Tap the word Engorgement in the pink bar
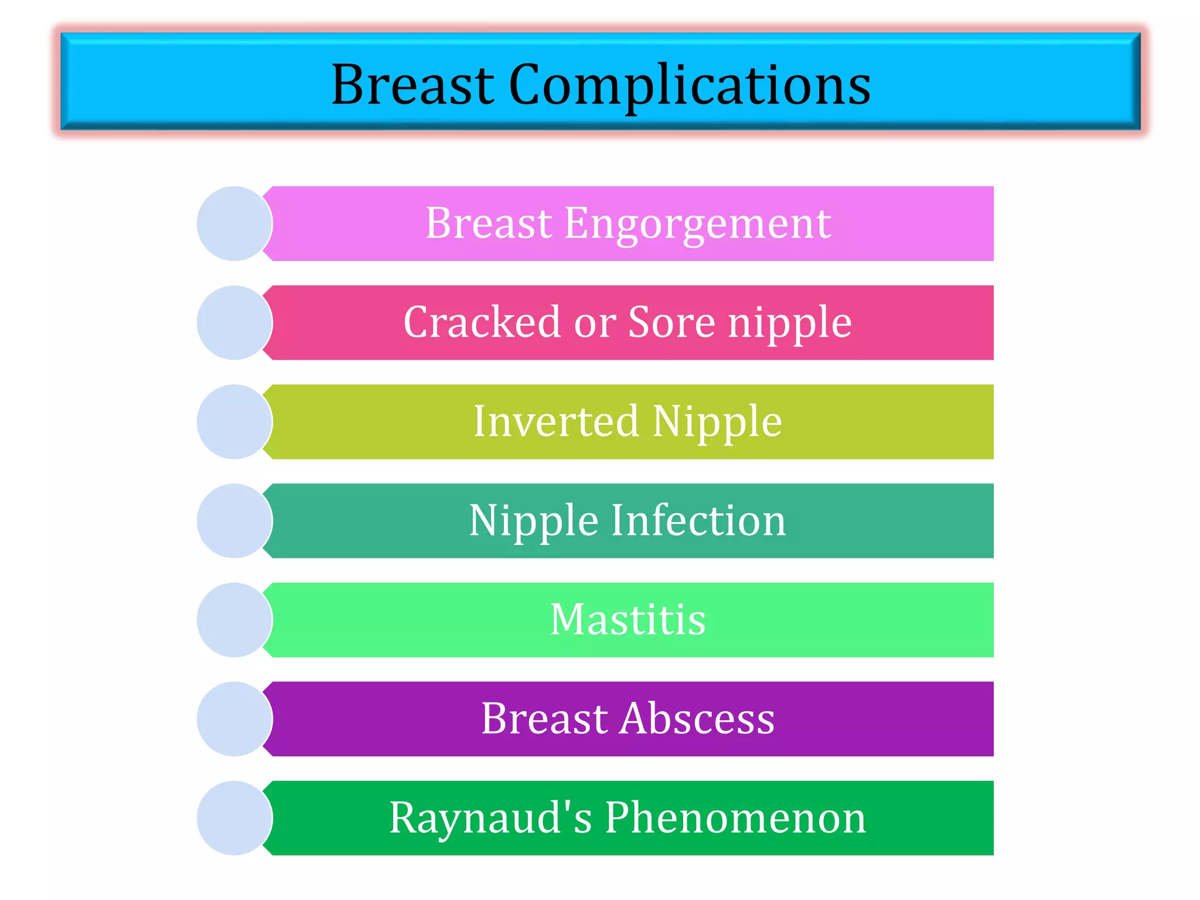697,224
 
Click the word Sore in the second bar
671,322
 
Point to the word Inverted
555,421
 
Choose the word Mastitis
628,619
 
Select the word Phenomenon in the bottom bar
735,817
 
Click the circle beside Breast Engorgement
234,224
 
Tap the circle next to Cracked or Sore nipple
234,323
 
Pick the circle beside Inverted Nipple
234,422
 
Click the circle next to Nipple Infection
234,521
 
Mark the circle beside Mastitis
234,620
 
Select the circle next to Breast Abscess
234,719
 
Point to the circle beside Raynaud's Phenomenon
234,818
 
